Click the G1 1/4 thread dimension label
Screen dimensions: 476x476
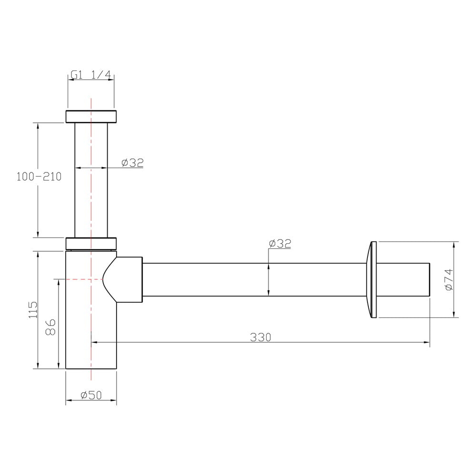click(91, 75)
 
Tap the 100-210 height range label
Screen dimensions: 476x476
click(39, 177)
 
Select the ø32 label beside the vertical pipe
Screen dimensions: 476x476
click(132, 163)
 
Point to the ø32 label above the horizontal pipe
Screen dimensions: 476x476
click(280, 243)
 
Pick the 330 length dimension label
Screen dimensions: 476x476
click(260, 337)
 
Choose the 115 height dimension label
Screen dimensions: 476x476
click(33, 310)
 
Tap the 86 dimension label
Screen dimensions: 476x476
click(51, 327)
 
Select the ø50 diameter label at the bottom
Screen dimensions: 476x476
click(91, 395)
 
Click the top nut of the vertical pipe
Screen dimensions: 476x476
click(91, 117)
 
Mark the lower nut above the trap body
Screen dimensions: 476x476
click(91, 244)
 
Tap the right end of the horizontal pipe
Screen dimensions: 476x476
click(429, 279)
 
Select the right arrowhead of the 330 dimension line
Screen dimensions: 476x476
click(427, 342)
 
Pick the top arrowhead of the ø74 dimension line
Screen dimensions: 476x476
click(454, 245)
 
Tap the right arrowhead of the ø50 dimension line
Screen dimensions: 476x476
click(114, 400)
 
